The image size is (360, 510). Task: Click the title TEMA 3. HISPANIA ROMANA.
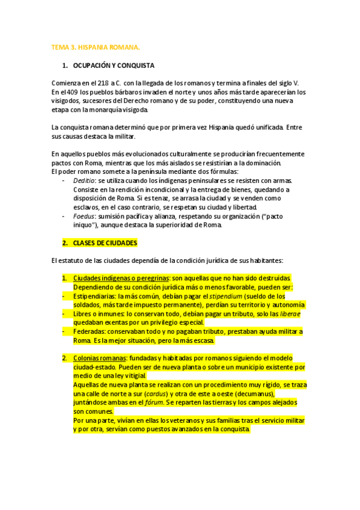[x=95, y=47]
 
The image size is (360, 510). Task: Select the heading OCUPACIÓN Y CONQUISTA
[x=114, y=65]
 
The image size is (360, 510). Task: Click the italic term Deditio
[x=84, y=180]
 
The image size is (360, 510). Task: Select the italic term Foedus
[x=84, y=217]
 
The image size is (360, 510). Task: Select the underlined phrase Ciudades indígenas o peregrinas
[x=121, y=278]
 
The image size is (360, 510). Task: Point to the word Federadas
[x=90, y=331]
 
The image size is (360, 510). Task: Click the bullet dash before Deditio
[x=64, y=180]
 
